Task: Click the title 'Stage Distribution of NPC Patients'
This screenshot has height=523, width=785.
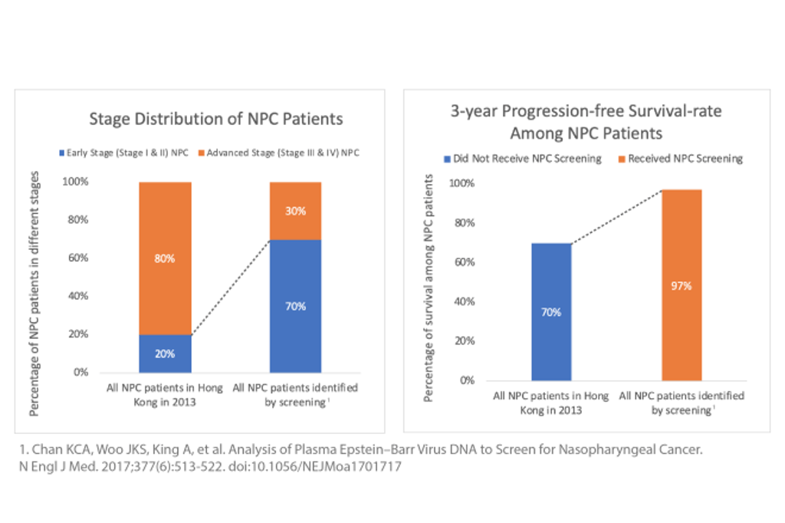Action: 216,119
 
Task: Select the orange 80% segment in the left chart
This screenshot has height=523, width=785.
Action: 165,258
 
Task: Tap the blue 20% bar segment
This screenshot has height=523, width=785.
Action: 165,354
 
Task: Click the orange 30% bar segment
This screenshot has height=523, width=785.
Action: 295,211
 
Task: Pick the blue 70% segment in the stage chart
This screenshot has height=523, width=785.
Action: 295,306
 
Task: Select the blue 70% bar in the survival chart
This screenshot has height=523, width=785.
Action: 551,312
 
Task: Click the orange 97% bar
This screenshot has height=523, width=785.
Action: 682,285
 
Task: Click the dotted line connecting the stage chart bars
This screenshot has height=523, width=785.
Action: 230,288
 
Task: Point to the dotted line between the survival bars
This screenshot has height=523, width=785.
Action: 616,216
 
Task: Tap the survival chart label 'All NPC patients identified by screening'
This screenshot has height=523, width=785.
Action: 682,403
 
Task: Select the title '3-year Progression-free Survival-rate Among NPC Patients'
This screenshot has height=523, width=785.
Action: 586,122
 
